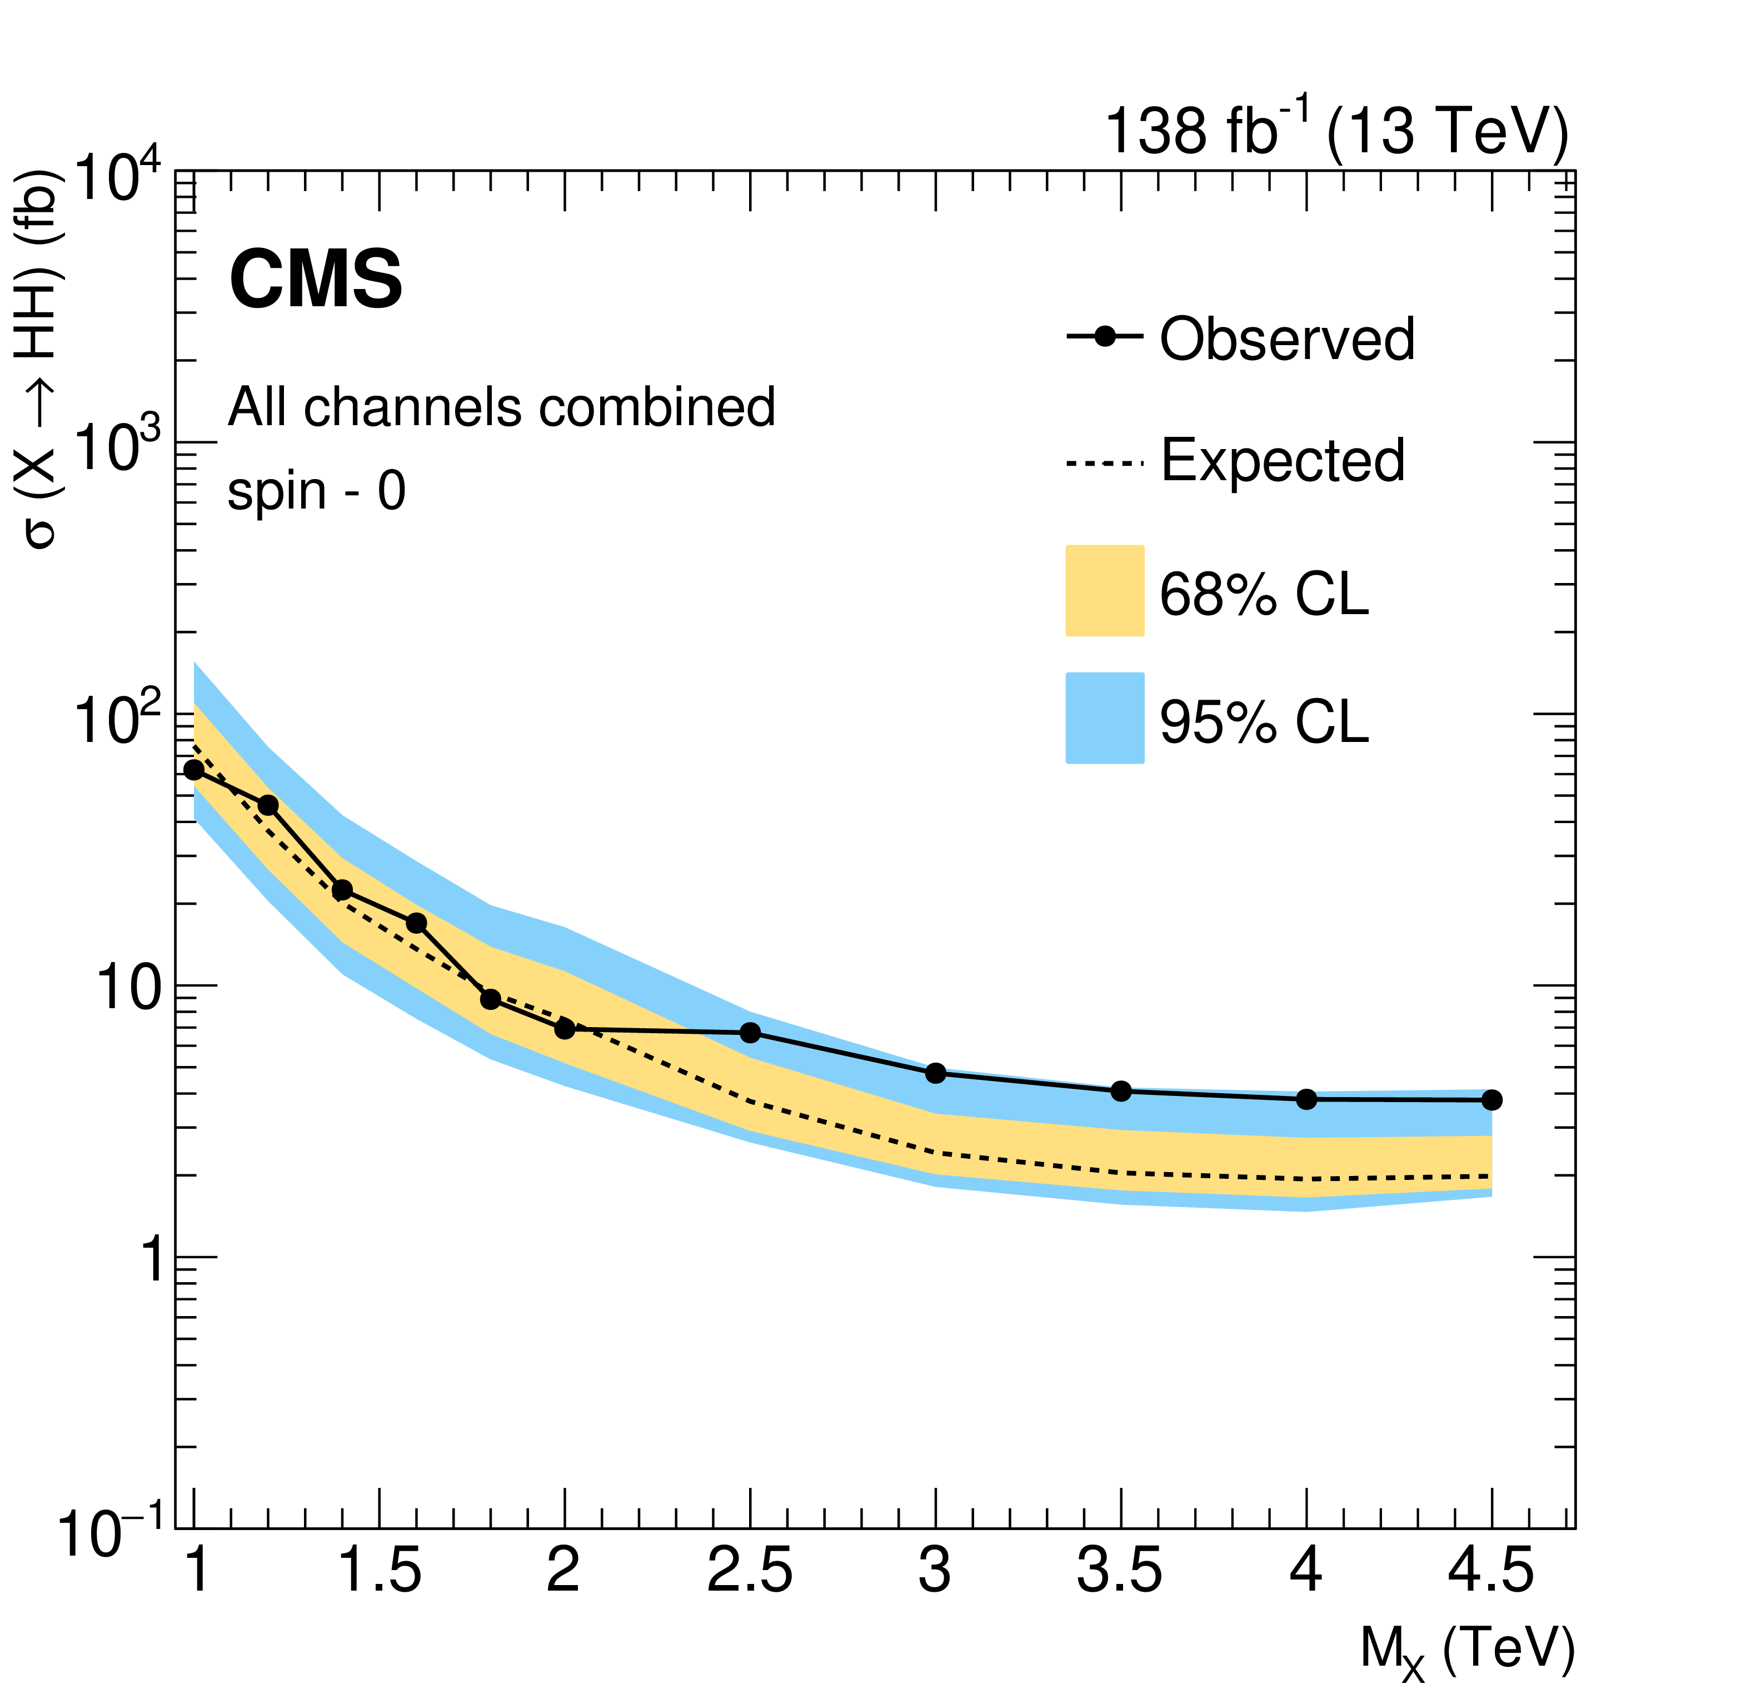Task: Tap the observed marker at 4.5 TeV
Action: (1491, 1100)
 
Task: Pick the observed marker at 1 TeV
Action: (194, 770)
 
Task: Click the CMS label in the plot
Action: (316, 280)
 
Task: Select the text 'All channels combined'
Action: (501, 407)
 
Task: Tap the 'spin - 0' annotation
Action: (316, 491)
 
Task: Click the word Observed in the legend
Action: (1286, 340)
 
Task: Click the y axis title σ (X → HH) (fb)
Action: (39, 357)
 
